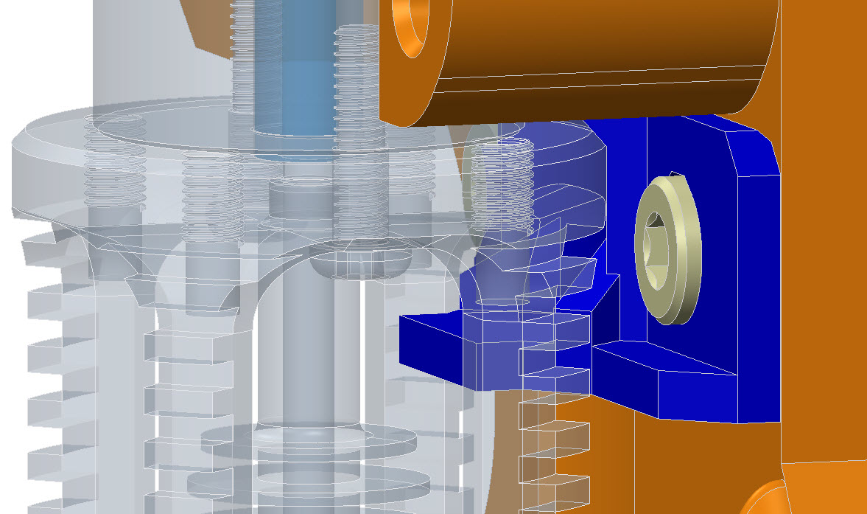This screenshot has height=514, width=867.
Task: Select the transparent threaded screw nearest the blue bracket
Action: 502,184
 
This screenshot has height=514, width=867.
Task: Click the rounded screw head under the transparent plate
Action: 358,264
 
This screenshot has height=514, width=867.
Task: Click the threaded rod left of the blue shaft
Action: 244,59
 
